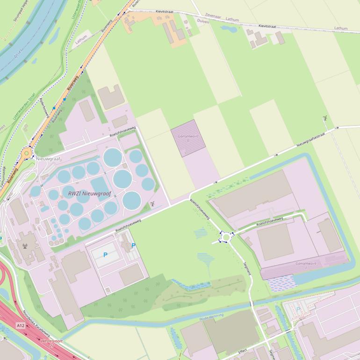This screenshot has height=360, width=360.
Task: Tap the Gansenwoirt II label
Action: coord(187,138)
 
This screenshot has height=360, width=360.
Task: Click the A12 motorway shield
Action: coord(20,325)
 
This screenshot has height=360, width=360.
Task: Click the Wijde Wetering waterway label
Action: coord(212,317)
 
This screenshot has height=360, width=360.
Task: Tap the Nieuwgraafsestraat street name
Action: coord(310,139)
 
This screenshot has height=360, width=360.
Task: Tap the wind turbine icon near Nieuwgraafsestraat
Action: coord(325,118)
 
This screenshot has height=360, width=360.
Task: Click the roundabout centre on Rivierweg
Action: coord(27,152)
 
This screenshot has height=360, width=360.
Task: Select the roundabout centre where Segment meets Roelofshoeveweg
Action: coord(227,237)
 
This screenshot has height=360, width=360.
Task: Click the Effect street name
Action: coord(242,351)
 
